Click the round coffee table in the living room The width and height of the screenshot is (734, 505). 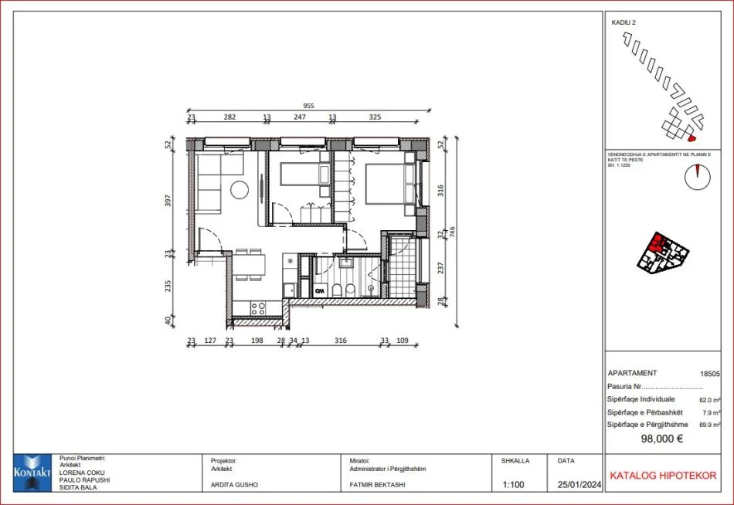click(240, 189)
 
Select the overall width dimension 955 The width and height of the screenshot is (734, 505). click(308, 107)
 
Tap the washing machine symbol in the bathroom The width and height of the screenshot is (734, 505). click(320, 290)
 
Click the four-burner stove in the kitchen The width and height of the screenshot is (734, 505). click(258, 307)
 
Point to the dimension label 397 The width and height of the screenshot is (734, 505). click(168, 200)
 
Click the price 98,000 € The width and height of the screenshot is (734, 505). click(661, 439)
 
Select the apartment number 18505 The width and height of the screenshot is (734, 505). click(709, 373)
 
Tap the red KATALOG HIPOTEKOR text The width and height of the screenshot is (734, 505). click(663, 476)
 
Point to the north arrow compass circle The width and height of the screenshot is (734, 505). click(697, 178)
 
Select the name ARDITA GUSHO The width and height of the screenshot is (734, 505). click(236, 486)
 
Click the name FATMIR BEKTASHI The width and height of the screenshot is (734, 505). click(378, 486)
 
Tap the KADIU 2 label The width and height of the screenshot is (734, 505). click(624, 23)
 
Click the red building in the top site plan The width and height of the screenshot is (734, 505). click(692, 138)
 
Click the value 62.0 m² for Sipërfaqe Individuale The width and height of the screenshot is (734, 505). click(709, 399)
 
